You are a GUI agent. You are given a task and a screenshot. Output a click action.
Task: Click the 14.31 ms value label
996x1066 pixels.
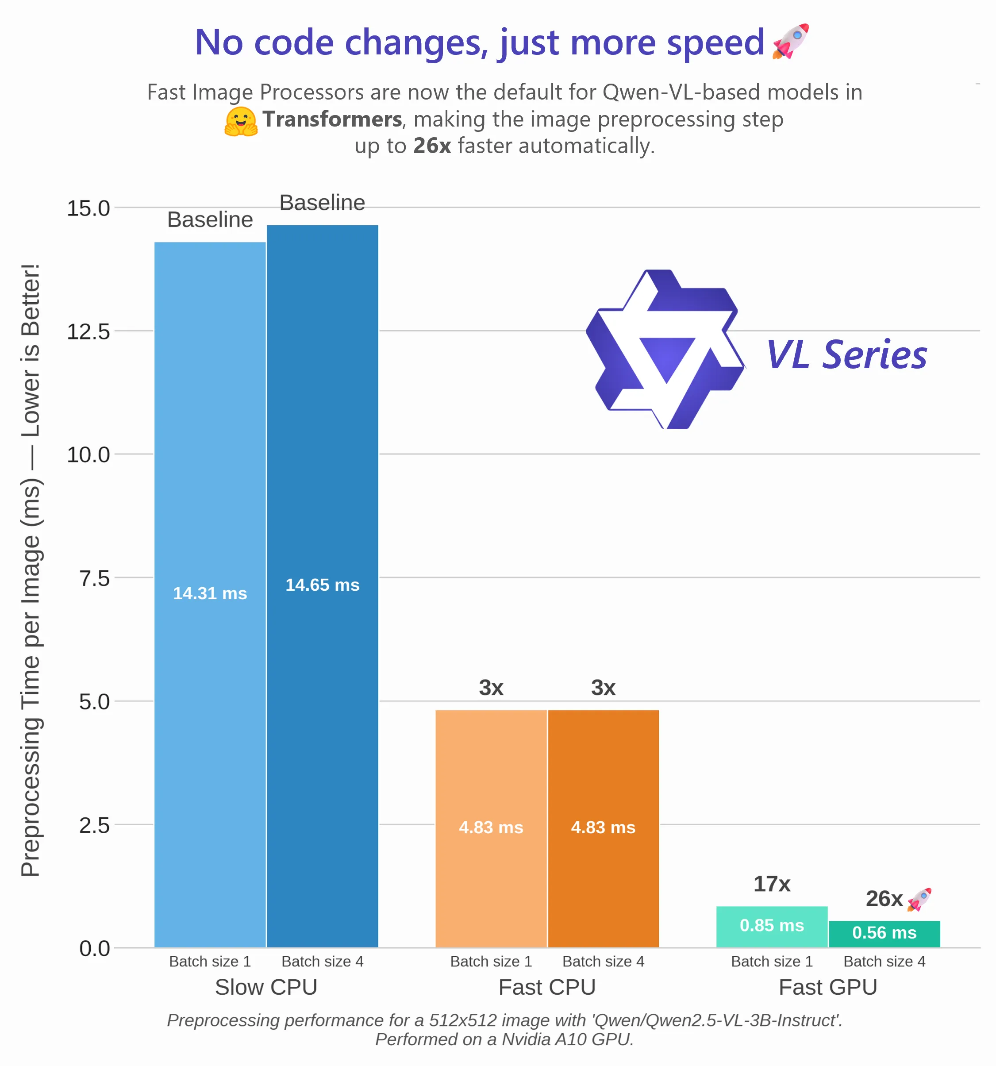click(x=210, y=593)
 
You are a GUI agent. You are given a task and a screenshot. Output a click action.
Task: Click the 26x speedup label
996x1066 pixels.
click(x=884, y=899)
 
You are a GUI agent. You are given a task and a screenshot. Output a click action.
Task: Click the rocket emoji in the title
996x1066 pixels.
click(x=790, y=41)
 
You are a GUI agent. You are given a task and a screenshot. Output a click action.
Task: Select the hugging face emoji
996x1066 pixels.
click(x=241, y=121)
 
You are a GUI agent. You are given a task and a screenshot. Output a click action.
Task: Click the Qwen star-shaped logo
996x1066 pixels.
click(x=665, y=349)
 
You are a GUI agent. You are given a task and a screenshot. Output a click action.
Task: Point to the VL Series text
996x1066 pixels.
click(x=846, y=354)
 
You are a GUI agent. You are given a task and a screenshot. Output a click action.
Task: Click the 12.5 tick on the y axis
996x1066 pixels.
click(x=88, y=331)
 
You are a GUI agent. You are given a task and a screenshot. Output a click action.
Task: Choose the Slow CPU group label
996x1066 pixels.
click(x=266, y=987)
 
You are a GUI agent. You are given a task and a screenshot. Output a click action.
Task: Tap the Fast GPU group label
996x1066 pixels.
click(x=828, y=987)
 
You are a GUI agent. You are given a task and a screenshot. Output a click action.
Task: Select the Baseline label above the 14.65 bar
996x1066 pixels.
click(x=322, y=203)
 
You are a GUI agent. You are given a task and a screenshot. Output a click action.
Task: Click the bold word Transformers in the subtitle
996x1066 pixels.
click(x=332, y=119)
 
